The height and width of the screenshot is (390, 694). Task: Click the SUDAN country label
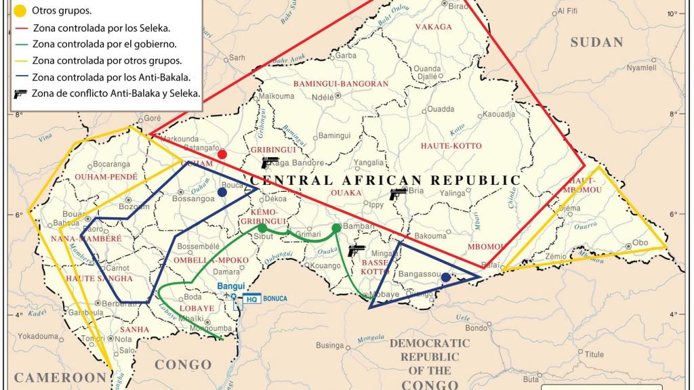tap(596, 42)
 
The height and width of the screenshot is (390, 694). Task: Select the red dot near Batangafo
tap(222, 154)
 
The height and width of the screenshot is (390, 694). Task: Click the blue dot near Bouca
tap(222, 192)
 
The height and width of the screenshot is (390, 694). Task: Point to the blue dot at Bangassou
tap(445, 278)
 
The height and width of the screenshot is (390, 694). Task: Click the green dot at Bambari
tap(336, 228)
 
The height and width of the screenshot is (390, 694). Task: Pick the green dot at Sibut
tap(262, 228)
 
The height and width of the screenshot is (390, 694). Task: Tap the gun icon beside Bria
tap(398, 194)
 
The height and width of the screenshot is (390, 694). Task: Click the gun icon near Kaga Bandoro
tap(270, 162)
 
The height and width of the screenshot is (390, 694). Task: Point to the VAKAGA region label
tap(434, 27)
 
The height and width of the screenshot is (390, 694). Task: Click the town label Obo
tap(640, 242)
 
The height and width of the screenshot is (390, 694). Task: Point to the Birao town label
tap(459, 5)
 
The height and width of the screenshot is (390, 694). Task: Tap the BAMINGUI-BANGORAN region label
tap(341, 83)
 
